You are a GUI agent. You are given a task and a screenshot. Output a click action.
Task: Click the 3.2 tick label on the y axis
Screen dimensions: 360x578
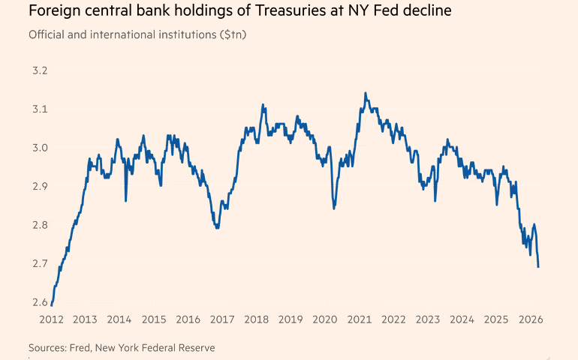pos(38,70)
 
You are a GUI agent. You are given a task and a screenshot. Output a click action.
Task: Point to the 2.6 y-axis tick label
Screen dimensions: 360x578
pos(38,301)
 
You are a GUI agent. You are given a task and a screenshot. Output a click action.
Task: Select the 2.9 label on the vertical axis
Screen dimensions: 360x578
pos(38,186)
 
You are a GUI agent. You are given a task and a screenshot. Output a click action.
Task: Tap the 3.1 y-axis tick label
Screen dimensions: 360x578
pos(38,109)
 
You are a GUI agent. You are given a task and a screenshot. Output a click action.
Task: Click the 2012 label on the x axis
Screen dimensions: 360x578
pos(50,320)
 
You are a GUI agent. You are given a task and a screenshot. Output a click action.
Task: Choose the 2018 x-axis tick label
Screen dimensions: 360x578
pos(256,320)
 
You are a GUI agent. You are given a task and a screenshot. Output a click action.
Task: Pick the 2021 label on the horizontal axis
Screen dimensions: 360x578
pos(359,320)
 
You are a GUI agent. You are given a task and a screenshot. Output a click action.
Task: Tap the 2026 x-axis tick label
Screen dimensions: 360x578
pos(530,320)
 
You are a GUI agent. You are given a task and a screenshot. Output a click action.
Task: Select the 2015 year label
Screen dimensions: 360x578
pos(153,320)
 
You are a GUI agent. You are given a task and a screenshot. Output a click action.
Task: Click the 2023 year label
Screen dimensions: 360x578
pos(427,320)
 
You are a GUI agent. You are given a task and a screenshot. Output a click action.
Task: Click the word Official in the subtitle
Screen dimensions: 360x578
pos(46,35)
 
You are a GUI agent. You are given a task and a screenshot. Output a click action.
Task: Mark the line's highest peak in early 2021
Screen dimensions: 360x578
pos(365,93)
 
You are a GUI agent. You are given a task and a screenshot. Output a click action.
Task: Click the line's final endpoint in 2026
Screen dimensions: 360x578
pos(538,266)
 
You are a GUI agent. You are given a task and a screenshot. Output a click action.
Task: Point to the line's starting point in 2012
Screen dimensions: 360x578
pos(51,305)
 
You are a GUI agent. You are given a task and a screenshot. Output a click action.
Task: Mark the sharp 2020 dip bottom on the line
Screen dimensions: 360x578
pos(334,208)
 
